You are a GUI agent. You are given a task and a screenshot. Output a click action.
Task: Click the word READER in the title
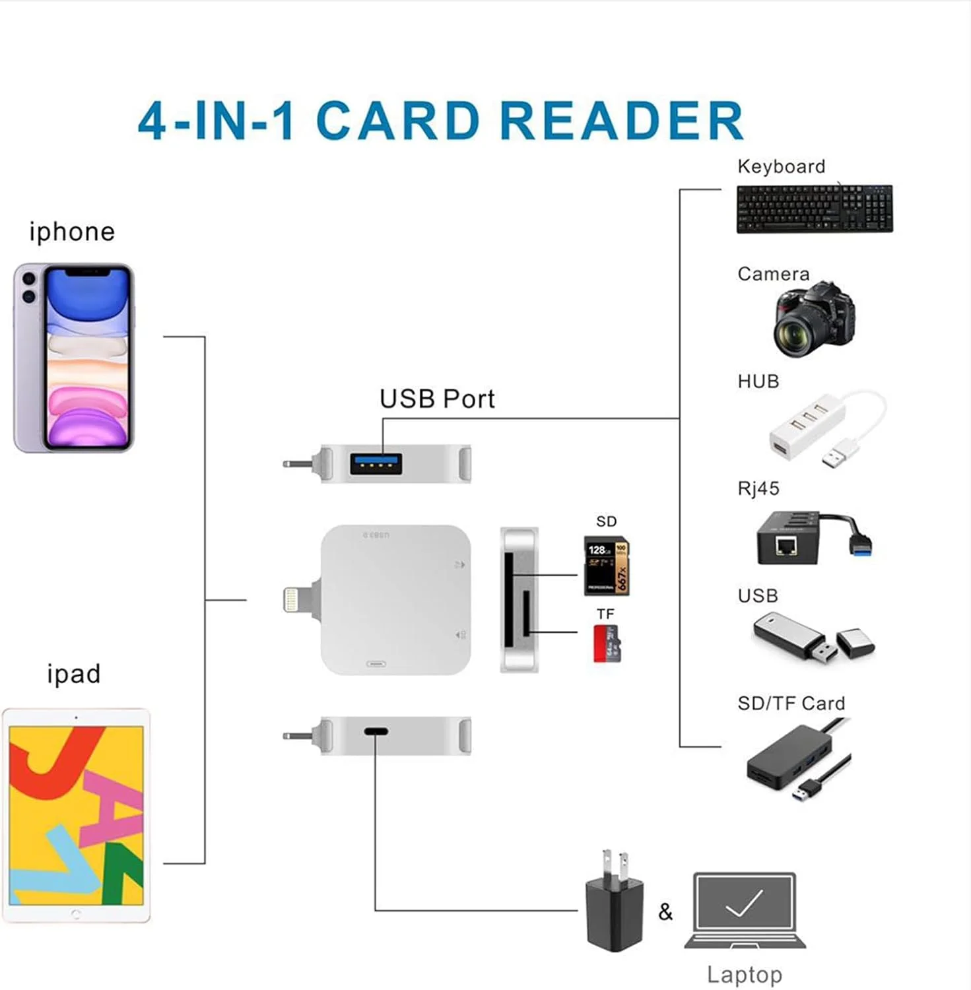pos(622,121)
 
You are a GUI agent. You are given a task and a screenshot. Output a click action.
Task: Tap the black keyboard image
pos(815,209)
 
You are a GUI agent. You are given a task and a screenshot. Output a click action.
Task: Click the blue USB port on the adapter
pos(376,464)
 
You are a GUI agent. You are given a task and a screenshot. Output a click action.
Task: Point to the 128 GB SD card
pos(606,566)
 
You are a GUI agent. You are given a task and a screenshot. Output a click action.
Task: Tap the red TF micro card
pos(606,643)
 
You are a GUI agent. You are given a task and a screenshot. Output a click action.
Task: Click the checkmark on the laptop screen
pos(744,904)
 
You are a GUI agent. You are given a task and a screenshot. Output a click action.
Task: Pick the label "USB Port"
pos(437,399)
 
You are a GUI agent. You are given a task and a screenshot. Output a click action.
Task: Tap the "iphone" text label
pos(72,232)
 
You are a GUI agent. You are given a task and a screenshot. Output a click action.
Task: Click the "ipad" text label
pos(74,674)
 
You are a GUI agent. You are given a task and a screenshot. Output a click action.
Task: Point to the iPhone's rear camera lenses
pos(28,287)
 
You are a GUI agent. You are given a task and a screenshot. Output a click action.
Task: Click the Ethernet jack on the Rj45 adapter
pos(786,546)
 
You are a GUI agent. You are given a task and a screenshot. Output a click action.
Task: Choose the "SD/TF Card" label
pos(791,704)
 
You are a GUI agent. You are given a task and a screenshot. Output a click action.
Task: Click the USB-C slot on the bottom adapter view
pos(376,731)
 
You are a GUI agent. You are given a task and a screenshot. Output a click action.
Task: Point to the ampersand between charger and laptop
pos(665,911)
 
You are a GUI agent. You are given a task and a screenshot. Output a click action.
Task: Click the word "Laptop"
pos(744,974)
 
